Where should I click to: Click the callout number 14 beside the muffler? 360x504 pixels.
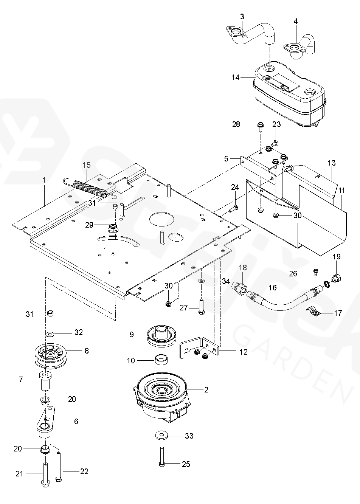coord(236,78)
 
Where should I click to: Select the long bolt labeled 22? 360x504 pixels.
coord(58,466)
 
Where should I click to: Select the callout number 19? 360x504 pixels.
coord(336,257)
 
